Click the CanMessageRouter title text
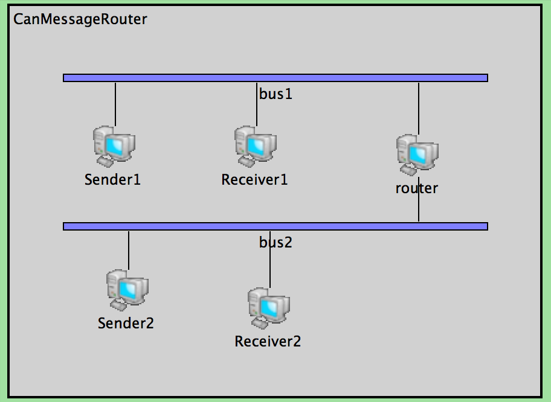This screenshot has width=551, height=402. [80, 19]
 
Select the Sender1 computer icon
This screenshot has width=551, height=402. [114, 147]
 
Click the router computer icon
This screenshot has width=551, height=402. [417, 155]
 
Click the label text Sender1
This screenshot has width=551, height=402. [113, 179]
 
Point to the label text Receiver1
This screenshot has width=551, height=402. [254, 179]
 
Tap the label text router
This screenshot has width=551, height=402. [417, 188]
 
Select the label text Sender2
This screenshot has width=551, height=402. [126, 323]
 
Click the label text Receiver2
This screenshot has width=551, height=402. [268, 342]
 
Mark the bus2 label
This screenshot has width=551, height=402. [275, 242]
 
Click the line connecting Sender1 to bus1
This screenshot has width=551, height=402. [115, 103]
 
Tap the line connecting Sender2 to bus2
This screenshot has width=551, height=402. [129, 249]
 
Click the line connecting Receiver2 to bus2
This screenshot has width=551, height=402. [270, 266]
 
